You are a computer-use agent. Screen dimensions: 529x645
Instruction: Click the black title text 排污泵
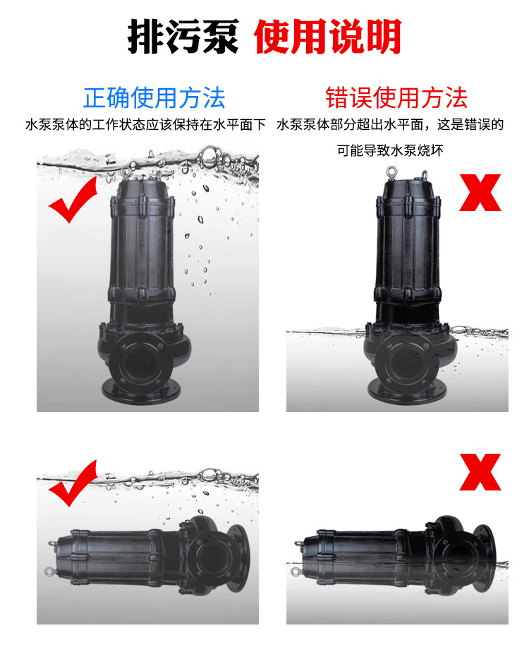coord(183,36)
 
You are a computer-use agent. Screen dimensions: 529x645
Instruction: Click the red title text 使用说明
coord(327,36)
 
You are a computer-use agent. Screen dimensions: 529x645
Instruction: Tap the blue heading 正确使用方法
coord(154,98)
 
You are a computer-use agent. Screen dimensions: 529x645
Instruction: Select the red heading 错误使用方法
coord(396,98)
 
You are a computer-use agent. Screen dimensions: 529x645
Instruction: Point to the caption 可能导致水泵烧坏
coord(390,150)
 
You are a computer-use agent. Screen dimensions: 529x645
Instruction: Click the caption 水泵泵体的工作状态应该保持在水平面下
coord(145,124)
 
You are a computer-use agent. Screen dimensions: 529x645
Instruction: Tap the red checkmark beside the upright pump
coord(73,200)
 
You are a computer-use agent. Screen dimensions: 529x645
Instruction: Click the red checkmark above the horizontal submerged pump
coord(73,483)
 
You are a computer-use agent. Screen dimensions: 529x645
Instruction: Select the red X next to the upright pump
coord(480,193)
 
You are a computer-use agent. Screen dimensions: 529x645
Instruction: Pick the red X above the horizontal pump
coord(480,472)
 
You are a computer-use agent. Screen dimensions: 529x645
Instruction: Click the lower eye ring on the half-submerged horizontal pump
coord(296,571)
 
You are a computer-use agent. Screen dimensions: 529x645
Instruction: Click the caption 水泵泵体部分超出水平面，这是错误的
coord(390,124)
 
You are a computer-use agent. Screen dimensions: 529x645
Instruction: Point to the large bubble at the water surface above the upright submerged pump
coord(208,155)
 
